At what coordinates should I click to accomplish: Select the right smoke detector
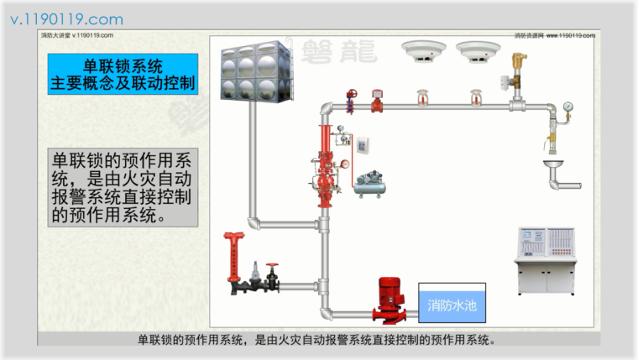[472, 52]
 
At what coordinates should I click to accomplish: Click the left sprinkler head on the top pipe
[421, 98]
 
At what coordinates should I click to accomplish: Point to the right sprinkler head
[476, 98]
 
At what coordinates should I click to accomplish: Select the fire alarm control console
[545, 259]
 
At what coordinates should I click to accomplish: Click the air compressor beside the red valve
[369, 182]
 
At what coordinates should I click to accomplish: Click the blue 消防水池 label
[452, 305]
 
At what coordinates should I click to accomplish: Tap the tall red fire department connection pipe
[233, 256]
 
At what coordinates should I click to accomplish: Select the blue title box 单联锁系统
[123, 74]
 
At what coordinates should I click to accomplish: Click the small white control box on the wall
[363, 145]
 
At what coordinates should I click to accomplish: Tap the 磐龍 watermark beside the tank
[332, 50]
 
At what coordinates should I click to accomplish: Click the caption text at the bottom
[319, 340]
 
